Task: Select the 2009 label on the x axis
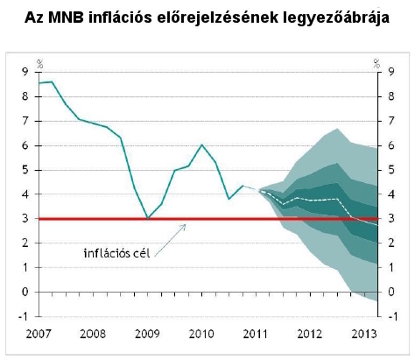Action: [x=148, y=334]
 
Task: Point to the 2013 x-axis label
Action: [x=364, y=334]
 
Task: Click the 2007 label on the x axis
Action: [x=38, y=334]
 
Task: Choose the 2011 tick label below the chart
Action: [x=256, y=334]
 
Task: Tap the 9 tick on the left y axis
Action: [x=25, y=72]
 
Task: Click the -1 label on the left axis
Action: [x=23, y=316]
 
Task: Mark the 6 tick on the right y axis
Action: [x=391, y=146]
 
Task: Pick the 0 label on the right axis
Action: [x=391, y=292]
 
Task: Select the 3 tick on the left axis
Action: [x=25, y=218]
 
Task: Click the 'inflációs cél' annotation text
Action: [x=117, y=253]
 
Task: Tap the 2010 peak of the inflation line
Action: [x=202, y=145]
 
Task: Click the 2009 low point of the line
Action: [x=148, y=219]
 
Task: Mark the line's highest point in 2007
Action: [x=52, y=82]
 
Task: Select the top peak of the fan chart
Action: [x=338, y=129]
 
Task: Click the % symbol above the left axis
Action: [x=40, y=64]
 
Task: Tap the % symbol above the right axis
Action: [x=377, y=64]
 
